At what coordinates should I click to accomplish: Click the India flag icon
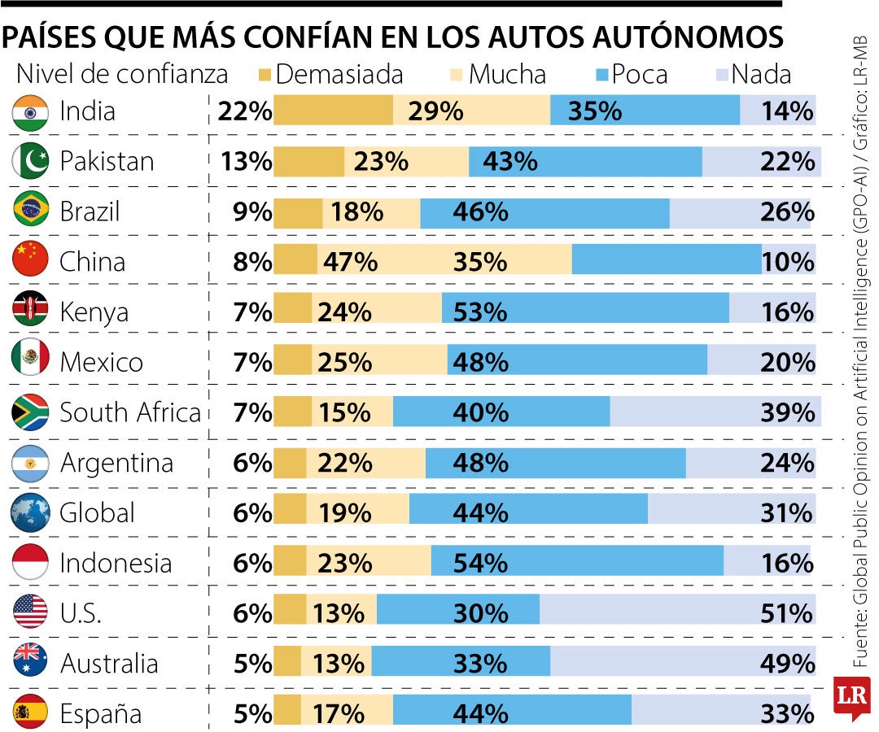31,111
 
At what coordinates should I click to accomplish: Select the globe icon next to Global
31,513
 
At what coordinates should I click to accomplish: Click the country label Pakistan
107,161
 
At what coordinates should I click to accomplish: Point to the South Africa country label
130,412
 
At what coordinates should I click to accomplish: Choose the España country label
101,714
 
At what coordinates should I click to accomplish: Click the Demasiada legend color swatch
265,75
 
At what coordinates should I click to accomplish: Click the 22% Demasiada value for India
243,111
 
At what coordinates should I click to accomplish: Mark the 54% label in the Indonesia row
480,563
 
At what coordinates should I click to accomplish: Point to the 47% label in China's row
350,262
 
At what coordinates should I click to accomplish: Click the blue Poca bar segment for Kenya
586,312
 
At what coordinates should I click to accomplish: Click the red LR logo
851,695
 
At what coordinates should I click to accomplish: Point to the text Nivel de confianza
122,75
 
